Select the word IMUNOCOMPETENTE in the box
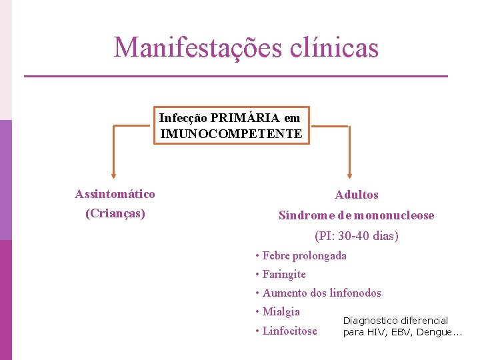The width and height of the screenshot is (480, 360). [x=231, y=133]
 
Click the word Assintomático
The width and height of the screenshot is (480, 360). [x=115, y=194]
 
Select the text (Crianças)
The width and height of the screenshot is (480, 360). [x=115, y=214]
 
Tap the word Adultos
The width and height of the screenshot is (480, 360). [x=356, y=195]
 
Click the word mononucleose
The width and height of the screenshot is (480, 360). [x=394, y=215]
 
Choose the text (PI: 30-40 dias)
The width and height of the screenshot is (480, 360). [x=356, y=236]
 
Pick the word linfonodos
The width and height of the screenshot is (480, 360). [x=355, y=293]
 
